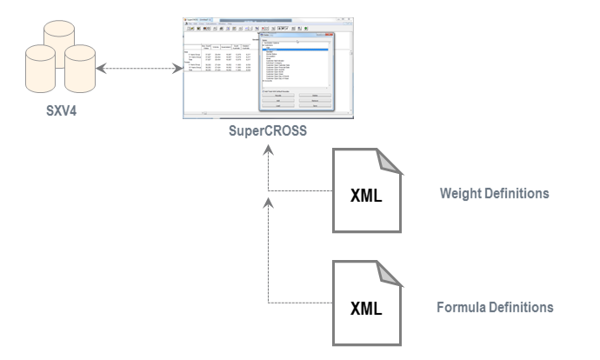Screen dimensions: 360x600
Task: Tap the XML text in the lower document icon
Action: pyautogui.click(x=364, y=309)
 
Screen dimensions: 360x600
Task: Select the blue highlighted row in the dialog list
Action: pyautogui.click(x=296, y=50)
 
